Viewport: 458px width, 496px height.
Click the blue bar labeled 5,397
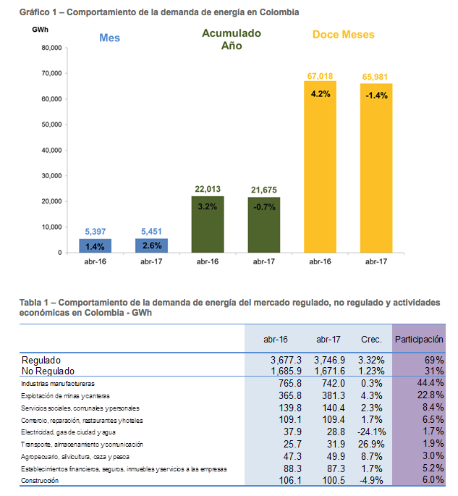click(95, 245)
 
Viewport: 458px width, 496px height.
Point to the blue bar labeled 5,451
click(151, 245)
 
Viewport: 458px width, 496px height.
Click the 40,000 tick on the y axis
click(50, 151)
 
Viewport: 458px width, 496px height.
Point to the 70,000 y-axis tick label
click(50, 74)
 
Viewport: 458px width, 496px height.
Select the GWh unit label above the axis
click(41, 28)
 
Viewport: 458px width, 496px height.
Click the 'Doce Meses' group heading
click(343, 34)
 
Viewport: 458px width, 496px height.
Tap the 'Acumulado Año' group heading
click(232, 39)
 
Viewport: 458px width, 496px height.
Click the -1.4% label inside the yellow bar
click(376, 95)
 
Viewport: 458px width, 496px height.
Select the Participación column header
click(418, 339)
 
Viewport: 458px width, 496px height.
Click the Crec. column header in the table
click(371, 339)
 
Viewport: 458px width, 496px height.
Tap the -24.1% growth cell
click(371, 432)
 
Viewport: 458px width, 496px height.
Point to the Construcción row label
click(41, 481)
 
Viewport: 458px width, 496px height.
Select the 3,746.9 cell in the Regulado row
click(331, 360)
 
